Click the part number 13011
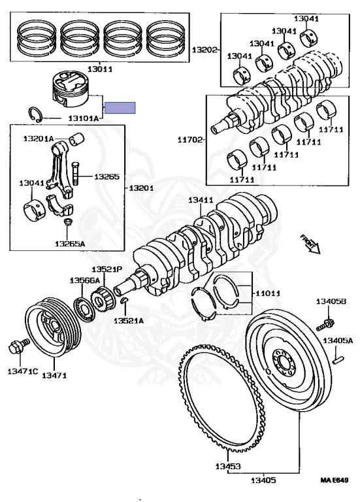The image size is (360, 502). (x=100, y=69)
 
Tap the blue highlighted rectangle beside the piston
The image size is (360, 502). (x=120, y=108)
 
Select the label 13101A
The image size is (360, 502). (x=84, y=118)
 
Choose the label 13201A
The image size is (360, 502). (x=38, y=139)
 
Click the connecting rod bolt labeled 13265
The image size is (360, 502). (x=76, y=173)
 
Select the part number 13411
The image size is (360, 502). (x=201, y=201)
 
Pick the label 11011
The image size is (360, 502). (x=267, y=293)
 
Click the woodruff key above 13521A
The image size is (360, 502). (x=125, y=300)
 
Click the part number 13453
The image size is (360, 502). (x=228, y=466)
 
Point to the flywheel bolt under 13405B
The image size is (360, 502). (x=325, y=325)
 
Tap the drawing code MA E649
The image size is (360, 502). (x=335, y=480)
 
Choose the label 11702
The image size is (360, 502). (x=190, y=140)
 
